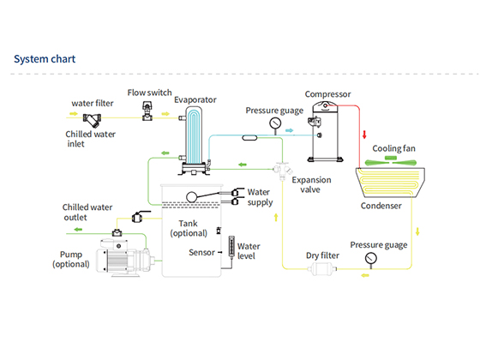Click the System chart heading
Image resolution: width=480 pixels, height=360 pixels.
click(x=45, y=59)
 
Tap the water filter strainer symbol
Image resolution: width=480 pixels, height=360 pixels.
click(x=92, y=120)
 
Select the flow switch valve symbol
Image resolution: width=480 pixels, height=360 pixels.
click(x=147, y=111)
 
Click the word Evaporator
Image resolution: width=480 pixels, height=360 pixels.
click(x=195, y=99)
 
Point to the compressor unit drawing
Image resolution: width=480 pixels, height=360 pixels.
click(x=325, y=132)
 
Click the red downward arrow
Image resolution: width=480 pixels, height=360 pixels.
click(x=364, y=135)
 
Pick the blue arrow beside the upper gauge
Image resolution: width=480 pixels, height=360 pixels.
click(x=290, y=130)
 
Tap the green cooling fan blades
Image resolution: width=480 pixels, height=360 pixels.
click(x=391, y=161)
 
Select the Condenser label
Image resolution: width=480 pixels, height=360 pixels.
click(x=381, y=206)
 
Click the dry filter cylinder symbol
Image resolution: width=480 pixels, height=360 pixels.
click(x=321, y=269)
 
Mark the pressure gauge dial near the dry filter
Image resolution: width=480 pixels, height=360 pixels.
click(x=371, y=258)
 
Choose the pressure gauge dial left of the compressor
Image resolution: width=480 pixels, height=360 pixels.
click(x=275, y=123)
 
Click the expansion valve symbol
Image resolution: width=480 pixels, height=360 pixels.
click(x=283, y=171)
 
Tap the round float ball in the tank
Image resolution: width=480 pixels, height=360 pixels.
click(x=192, y=197)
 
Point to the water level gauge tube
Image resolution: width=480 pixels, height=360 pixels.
click(x=231, y=248)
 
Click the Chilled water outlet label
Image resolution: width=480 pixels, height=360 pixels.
click(x=87, y=213)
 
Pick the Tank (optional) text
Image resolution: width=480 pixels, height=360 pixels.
click(x=189, y=228)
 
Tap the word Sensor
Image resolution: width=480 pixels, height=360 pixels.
click(x=201, y=253)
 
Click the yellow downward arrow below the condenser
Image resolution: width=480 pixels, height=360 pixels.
click(x=417, y=231)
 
